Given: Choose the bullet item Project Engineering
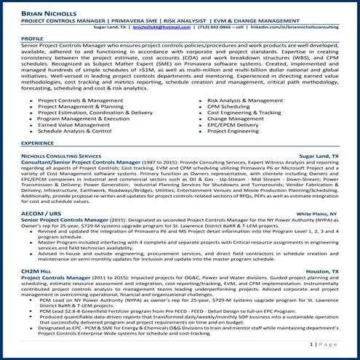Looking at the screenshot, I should click(236, 132).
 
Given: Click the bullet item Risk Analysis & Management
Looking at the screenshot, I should click(245, 100).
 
